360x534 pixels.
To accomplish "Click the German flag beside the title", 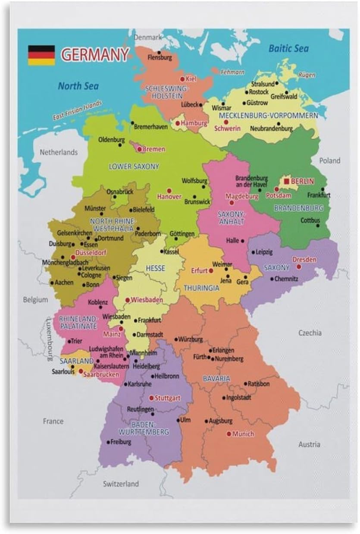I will (41, 55).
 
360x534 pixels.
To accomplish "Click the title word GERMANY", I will (95, 55).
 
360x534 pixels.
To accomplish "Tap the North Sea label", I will (78, 86).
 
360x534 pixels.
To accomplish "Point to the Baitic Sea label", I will (288, 48).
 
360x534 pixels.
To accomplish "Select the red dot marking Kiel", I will (182, 79).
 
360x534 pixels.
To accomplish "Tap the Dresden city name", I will (304, 260).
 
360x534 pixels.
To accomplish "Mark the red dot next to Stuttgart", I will (151, 398).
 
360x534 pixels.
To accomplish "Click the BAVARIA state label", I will (216, 378).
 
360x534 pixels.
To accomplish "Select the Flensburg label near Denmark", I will (160, 57).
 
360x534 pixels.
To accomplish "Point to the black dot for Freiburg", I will (108, 442).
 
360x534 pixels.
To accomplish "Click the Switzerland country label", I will (121, 484).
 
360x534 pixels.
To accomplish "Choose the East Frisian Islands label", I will (78, 110).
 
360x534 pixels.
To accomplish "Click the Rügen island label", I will (307, 75).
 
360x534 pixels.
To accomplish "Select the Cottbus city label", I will (310, 220).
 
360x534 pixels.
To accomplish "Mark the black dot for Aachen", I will (52, 283).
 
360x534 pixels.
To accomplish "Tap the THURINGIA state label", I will (201, 288).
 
